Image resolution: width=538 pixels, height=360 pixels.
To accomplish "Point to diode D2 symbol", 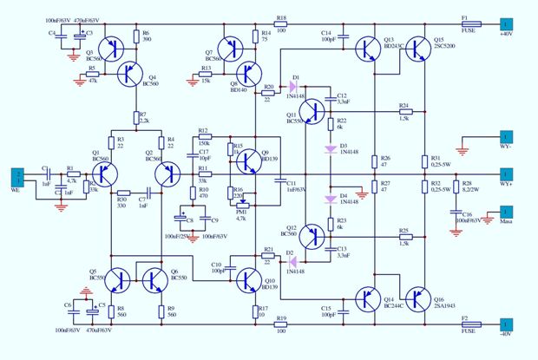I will pyautogui.click(x=293, y=259).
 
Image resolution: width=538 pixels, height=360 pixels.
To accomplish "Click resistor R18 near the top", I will pyautogui.click(x=281, y=25).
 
